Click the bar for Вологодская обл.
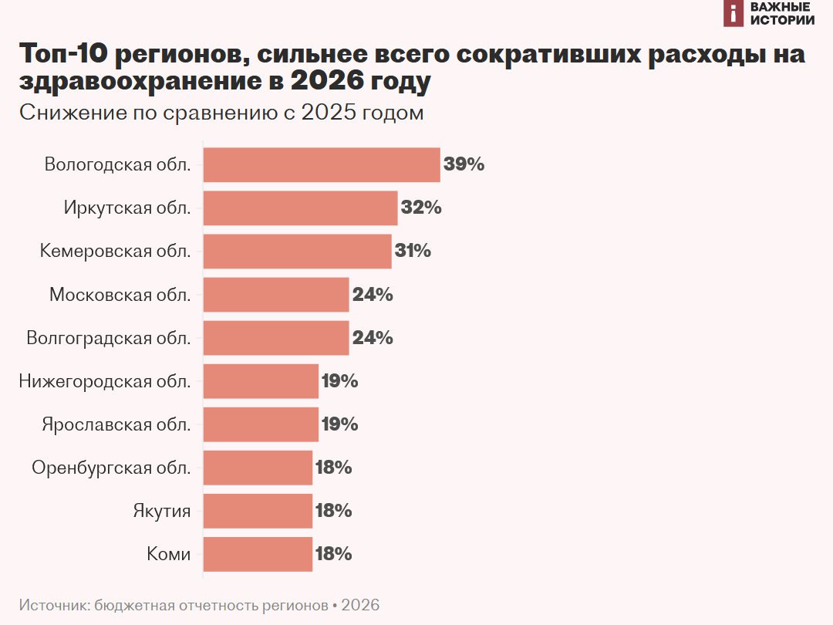click(x=321, y=164)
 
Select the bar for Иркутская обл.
click(x=300, y=208)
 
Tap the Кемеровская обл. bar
click(x=297, y=251)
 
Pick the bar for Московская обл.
click(x=275, y=294)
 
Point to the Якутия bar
click(x=258, y=510)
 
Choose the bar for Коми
click(x=258, y=553)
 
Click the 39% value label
click(x=464, y=164)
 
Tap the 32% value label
click(x=421, y=208)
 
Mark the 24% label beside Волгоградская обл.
click(x=373, y=337)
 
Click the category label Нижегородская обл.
click(x=104, y=380)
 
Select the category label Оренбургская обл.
click(x=111, y=467)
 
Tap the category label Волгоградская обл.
click(x=108, y=337)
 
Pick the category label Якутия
click(x=161, y=510)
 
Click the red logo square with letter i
click(x=734, y=13)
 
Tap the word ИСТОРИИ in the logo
click(x=782, y=20)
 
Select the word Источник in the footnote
click(x=52, y=605)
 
